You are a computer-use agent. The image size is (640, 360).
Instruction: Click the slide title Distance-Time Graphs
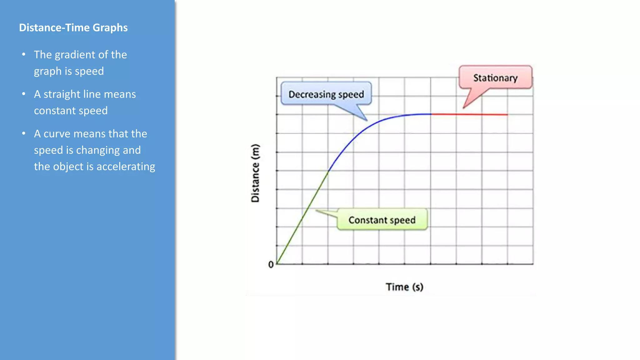click(73, 27)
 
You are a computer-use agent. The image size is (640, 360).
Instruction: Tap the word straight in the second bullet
click(62, 94)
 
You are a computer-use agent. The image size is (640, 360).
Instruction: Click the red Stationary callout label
click(495, 78)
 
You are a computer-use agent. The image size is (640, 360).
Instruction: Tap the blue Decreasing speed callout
click(326, 94)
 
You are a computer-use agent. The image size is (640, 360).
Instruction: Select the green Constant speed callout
click(382, 220)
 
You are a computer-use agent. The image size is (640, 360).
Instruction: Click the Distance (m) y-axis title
click(255, 173)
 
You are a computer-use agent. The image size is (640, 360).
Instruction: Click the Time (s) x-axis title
click(404, 287)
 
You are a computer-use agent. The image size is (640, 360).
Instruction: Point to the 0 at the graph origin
click(271, 265)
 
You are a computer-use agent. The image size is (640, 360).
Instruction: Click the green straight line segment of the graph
click(302, 217)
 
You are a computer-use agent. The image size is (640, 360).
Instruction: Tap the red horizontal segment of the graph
click(469, 114)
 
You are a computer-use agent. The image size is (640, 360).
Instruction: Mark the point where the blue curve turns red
click(431, 114)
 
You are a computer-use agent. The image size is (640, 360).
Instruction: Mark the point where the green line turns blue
click(328, 171)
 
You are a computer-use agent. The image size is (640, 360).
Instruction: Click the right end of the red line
click(507, 115)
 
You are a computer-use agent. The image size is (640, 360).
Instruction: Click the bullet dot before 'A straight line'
click(24, 94)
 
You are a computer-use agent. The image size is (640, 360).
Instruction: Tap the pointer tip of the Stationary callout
click(463, 108)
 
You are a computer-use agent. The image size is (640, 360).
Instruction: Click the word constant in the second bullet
click(55, 111)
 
